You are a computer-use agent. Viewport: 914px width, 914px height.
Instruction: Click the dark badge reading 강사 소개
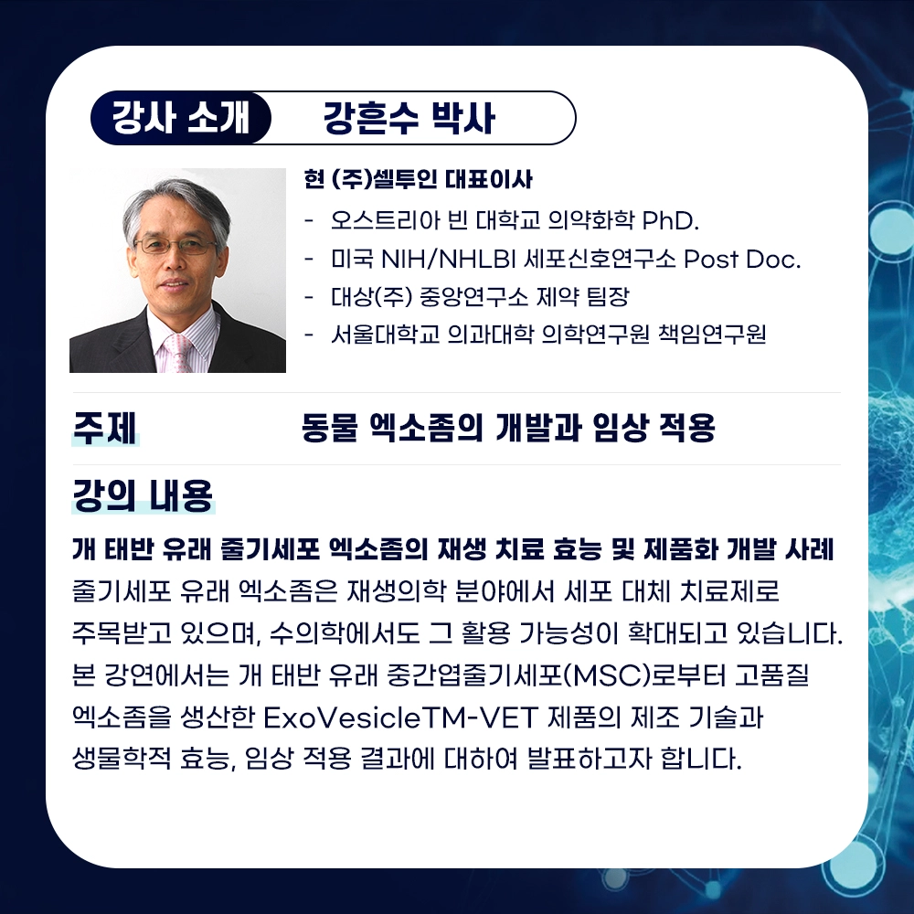coord(180,118)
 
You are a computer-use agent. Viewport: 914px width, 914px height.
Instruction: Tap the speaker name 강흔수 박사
coord(409,118)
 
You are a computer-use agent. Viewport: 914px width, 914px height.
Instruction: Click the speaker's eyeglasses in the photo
coord(175,245)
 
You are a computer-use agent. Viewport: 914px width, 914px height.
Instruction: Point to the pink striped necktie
coord(178,353)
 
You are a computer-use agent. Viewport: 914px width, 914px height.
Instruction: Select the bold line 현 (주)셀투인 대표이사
coord(418,179)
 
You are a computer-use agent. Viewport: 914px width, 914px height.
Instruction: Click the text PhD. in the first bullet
coord(670,220)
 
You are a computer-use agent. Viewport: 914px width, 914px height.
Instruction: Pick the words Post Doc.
coord(742,259)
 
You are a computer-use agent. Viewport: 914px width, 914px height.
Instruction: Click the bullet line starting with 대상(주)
coord(480,297)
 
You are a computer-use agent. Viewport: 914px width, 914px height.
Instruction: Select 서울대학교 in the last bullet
coord(385,334)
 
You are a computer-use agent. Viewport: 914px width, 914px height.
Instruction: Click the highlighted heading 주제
coord(105,428)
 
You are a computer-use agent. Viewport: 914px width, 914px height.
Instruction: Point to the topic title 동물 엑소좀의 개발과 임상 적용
coord(508,428)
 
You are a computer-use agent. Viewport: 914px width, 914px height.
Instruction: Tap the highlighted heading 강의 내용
coord(143,495)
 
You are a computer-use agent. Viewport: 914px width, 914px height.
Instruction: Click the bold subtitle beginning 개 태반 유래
coord(453,549)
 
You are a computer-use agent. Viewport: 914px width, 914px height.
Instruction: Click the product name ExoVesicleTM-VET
coord(399,717)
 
